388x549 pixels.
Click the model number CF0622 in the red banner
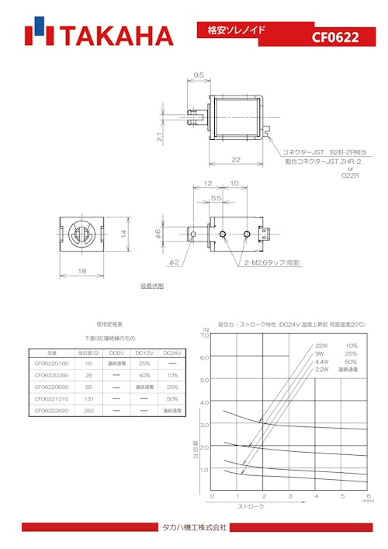(x=335, y=36)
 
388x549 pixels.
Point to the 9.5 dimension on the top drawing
(x=198, y=76)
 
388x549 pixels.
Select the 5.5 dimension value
(x=217, y=199)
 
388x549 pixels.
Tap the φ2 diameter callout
(x=175, y=262)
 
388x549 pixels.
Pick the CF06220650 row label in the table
(x=52, y=387)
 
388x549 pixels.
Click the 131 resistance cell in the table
(x=88, y=398)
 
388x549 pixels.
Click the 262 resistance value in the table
(x=88, y=410)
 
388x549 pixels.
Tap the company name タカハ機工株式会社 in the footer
(x=194, y=527)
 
